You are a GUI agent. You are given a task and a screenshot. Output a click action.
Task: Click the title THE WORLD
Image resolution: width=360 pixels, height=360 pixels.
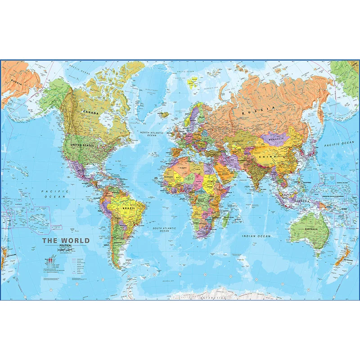[66, 240]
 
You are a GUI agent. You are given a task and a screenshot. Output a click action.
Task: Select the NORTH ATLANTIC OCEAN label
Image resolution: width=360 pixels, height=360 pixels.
[151, 134]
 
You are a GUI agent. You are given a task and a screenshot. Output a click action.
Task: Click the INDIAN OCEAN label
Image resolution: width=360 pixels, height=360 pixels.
[256, 236]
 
